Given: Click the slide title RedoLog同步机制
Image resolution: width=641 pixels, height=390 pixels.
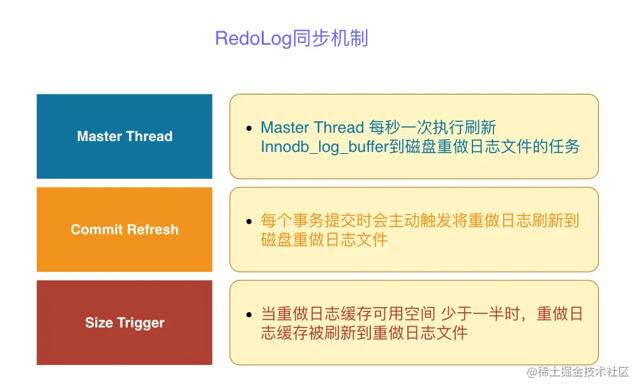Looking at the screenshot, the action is click(292, 38).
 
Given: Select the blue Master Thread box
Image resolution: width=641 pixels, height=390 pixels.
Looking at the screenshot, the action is click(124, 136).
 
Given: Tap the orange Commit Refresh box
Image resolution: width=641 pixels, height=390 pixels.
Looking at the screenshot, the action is click(124, 229).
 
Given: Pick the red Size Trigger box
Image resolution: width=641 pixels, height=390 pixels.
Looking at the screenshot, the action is click(124, 322).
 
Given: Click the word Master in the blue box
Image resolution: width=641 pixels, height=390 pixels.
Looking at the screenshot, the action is click(100, 136).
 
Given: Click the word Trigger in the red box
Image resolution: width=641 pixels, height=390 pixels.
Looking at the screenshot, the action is click(140, 323).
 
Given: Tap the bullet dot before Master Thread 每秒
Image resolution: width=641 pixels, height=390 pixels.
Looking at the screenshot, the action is click(249, 128).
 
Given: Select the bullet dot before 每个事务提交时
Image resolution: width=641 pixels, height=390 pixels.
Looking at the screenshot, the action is click(249, 221).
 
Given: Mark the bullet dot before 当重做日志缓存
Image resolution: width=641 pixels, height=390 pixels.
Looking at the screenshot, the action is click(249, 315).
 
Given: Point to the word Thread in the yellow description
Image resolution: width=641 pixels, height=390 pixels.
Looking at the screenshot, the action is click(339, 128).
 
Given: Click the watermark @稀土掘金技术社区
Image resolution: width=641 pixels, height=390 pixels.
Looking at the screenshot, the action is click(578, 371).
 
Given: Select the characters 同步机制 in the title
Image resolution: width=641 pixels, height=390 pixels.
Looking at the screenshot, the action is click(331, 38).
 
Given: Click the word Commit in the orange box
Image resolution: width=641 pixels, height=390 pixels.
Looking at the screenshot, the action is click(96, 229).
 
